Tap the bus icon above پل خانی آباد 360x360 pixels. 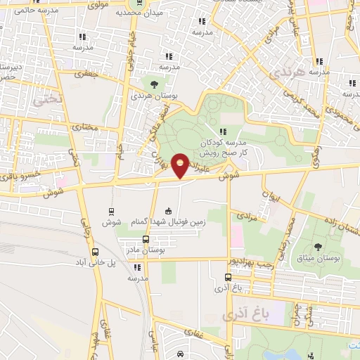pyautogui.click(x=95, y=251)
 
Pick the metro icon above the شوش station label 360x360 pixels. pyautogui.click(x=111, y=212)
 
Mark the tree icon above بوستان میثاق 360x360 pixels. pyautogui.click(x=317, y=246)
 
